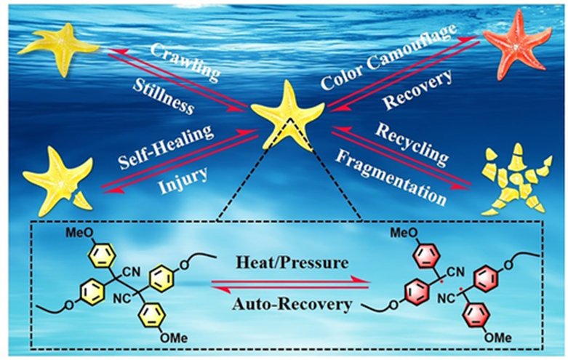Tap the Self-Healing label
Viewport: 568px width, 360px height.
point(171,143)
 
